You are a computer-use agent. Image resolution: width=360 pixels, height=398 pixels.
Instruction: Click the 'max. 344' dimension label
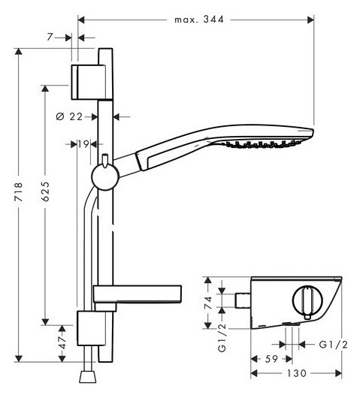(x=199, y=20)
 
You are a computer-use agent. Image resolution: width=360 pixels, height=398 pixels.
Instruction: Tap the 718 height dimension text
(x=19, y=191)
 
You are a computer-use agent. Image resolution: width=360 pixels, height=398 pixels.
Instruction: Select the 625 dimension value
(x=45, y=191)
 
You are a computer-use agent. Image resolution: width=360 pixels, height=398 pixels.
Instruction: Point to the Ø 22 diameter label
(x=69, y=116)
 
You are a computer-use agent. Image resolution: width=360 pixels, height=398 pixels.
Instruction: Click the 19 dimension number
(x=83, y=144)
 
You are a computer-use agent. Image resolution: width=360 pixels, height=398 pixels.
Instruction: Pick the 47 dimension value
(x=62, y=342)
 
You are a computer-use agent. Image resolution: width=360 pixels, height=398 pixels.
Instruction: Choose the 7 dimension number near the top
(x=50, y=38)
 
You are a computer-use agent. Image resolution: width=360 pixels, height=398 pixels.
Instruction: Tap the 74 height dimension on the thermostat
(x=208, y=303)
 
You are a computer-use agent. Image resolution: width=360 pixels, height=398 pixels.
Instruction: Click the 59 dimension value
(x=271, y=359)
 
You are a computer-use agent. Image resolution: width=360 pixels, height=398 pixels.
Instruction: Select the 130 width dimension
(x=297, y=373)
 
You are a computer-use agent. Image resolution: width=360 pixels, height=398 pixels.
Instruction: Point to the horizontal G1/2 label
(x=333, y=345)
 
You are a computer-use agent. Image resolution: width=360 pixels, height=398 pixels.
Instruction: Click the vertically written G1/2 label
(x=222, y=337)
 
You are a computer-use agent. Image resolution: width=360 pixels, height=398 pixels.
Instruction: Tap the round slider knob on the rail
(x=105, y=177)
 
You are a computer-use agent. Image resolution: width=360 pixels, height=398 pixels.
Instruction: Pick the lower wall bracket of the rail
(x=91, y=328)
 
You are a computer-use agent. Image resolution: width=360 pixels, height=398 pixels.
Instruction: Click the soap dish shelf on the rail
(x=138, y=294)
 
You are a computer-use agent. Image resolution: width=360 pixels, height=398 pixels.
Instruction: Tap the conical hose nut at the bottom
(x=88, y=377)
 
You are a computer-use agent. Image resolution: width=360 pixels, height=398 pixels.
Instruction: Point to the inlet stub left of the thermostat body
(x=244, y=300)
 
